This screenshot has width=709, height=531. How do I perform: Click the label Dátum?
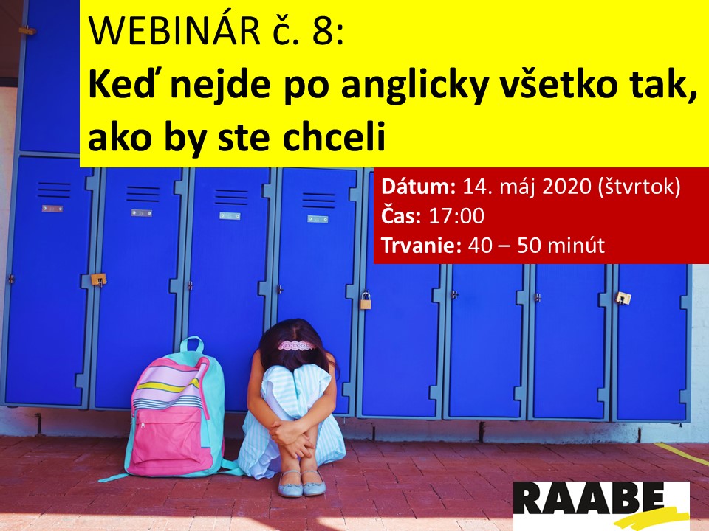point(418,187)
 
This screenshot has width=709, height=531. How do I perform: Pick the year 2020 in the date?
point(566,187)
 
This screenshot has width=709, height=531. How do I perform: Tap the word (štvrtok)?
point(639,187)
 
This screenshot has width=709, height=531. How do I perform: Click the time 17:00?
point(456,216)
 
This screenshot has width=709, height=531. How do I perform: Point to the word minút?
point(576,246)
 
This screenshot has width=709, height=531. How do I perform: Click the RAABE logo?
point(601,504)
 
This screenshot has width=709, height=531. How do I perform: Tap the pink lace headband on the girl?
point(296,346)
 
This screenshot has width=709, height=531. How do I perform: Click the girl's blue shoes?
point(301,483)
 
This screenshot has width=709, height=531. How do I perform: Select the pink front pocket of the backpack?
point(171,440)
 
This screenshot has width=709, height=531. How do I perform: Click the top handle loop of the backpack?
point(192,345)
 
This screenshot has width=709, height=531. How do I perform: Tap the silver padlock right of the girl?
point(366,300)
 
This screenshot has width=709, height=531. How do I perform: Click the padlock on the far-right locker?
point(623,297)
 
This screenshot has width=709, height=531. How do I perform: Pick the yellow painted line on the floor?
point(682,454)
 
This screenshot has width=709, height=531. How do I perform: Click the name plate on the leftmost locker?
point(52,209)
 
